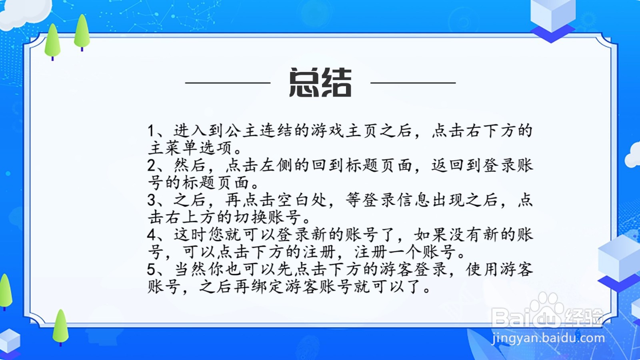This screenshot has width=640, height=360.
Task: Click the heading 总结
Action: pyautogui.click(x=320, y=83)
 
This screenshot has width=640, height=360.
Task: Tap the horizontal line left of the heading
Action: pyautogui.click(x=228, y=83)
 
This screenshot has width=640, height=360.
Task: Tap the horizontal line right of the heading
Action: pyautogui.click(x=413, y=83)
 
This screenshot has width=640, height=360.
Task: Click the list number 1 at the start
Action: pyautogui.click(x=151, y=131)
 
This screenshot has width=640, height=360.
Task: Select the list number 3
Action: pyautogui.click(x=151, y=200)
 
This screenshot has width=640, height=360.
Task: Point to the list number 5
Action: pyautogui.click(x=151, y=269)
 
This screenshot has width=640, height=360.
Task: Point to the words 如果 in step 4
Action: pyautogui.click(x=431, y=234)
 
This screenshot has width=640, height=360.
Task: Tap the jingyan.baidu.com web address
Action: pyautogui.click(x=548, y=338)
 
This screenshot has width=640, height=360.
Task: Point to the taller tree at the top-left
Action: pyautogui.click(x=82, y=32)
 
